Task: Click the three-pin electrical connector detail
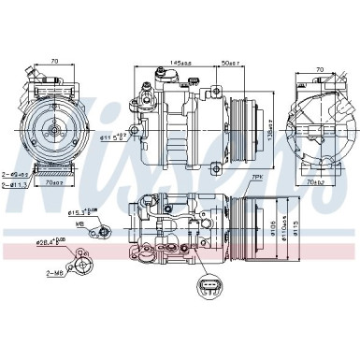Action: (x=207, y=285)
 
